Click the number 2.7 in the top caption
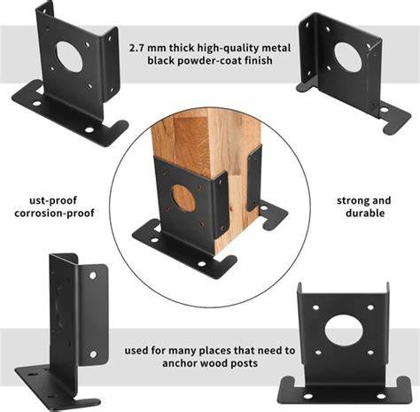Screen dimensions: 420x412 click(136, 48)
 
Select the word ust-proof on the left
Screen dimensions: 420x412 click(53, 201)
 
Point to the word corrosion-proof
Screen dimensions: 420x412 click(54, 214)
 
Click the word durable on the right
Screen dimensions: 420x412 click(365, 213)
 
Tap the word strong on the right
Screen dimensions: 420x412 click(350, 201)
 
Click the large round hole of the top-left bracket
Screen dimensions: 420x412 click(69, 57)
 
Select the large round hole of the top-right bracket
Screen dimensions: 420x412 click(348, 58)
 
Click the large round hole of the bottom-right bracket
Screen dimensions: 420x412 click(344, 330)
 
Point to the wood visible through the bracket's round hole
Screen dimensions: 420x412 click(183, 198)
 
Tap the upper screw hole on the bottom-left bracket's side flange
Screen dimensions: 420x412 click(93, 276)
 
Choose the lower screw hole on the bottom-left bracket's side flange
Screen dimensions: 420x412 click(93, 354)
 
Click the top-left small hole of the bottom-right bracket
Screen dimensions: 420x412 click(315, 307)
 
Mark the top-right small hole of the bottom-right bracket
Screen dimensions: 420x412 click(370, 307)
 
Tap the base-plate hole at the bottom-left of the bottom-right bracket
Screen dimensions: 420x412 click(307, 396)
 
